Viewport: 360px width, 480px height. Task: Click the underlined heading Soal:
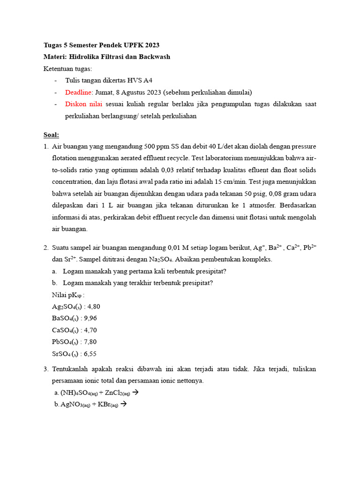51,135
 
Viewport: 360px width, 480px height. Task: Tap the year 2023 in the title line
151,45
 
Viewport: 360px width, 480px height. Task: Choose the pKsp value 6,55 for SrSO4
89,354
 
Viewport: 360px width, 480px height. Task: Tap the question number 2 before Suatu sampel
45,247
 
